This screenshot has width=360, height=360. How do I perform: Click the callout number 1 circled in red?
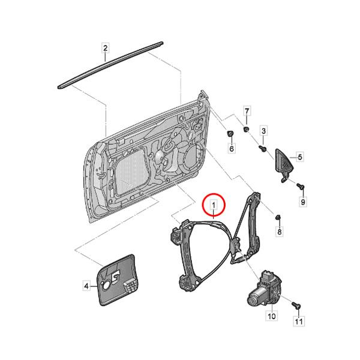point(214,205)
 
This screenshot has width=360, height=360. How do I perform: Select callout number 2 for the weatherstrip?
point(106,48)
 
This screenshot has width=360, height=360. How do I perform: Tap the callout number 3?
point(263,131)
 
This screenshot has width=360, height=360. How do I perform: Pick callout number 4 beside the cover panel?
point(86,286)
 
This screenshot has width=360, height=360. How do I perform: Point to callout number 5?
point(299,157)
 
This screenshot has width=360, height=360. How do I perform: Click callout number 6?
point(232,149)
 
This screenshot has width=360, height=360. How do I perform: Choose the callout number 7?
point(247,112)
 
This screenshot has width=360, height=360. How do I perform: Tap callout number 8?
point(279,232)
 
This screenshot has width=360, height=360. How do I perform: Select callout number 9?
point(303,202)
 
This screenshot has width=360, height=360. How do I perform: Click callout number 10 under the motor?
point(272,316)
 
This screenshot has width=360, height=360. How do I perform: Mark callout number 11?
point(299,321)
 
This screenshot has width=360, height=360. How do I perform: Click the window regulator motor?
point(264,289)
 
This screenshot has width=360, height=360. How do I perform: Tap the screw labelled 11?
point(296,305)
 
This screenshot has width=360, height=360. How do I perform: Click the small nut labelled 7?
point(247,129)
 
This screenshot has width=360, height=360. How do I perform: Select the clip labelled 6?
point(230,133)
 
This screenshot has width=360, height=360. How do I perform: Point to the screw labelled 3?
point(262,148)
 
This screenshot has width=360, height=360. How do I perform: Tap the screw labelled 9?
point(301,186)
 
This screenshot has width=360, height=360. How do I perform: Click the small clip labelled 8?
point(278,217)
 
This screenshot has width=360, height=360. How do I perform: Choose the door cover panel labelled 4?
point(117,280)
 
